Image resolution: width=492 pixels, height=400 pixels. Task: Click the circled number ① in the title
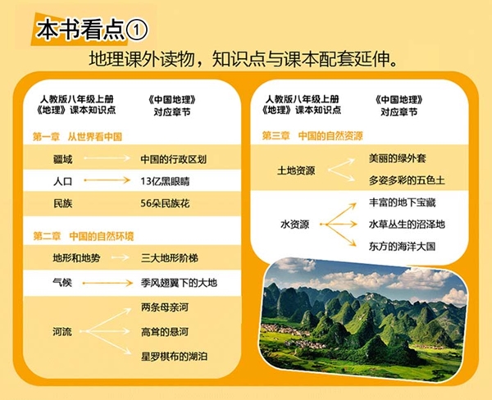(136, 30)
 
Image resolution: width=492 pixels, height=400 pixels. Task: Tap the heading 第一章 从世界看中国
(77, 137)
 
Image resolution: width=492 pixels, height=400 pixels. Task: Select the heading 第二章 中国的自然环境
(83, 236)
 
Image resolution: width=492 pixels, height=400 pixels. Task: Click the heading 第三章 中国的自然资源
(312, 136)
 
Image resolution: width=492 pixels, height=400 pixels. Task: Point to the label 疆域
(63, 159)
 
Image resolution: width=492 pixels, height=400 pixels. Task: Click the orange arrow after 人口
(107, 180)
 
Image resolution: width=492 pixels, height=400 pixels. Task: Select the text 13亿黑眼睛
(165, 181)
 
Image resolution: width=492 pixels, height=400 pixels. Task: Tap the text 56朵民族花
(165, 203)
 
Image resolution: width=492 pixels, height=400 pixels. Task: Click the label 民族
(63, 203)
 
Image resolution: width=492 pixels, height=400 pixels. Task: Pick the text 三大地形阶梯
(170, 258)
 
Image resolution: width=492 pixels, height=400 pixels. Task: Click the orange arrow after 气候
(107, 283)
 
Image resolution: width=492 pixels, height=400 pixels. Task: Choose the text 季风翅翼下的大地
(179, 283)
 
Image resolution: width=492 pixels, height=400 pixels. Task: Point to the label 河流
(62, 332)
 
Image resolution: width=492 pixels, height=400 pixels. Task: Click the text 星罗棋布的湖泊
(174, 357)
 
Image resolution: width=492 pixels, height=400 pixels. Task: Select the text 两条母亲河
(165, 307)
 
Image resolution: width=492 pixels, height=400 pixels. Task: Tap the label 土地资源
(296, 170)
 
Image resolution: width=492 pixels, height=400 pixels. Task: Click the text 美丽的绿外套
(397, 158)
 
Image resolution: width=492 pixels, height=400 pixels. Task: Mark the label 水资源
(294, 225)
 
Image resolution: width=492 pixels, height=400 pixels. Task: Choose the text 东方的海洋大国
(402, 246)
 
